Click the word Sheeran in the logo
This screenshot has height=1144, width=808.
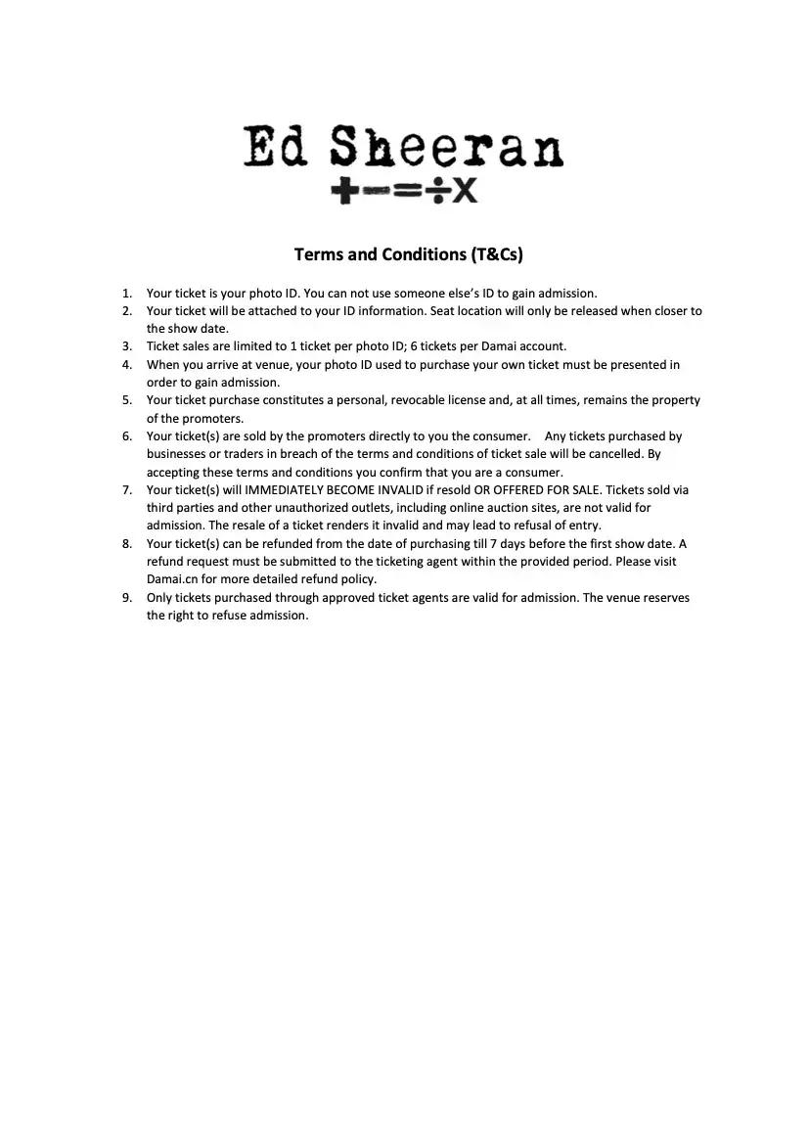coord(446,149)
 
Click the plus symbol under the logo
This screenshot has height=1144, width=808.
coord(343,191)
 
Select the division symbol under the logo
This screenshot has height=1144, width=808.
coord(437,191)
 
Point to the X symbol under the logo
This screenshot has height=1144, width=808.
coord(465,191)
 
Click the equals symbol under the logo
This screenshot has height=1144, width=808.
coord(408,191)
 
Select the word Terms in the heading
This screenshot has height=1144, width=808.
coord(320,254)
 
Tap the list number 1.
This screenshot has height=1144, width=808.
coord(126,293)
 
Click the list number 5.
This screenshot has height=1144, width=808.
coord(126,400)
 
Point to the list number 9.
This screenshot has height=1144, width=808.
coord(126,597)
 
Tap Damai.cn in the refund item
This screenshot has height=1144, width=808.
coord(172,579)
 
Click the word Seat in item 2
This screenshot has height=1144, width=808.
coord(443,311)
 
